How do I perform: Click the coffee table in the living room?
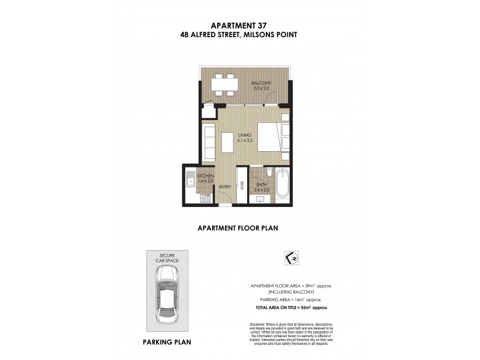pyautogui.click(x=227, y=143)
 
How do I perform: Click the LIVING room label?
pyautogui.click(x=244, y=135)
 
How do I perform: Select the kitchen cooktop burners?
pyautogui.click(x=205, y=197)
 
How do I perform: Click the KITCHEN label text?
pyautogui.click(x=197, y=175)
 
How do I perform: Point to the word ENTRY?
pyautogui.click(x=225, y=187)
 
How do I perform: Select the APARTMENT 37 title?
pyautogui.click(x=239, y=25)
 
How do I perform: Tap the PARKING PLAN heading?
pyautogui.click(x=167, y=343)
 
